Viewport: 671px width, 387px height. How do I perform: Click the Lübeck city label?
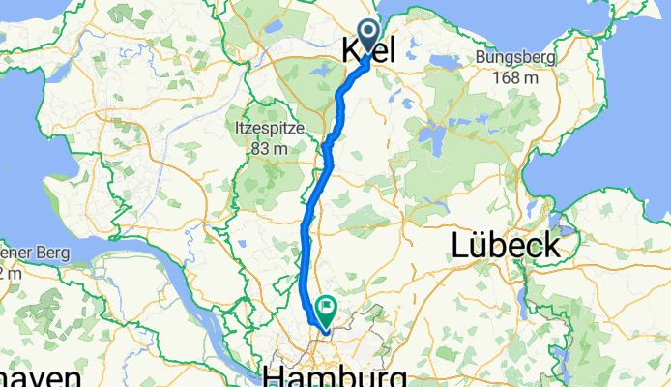(505, 246)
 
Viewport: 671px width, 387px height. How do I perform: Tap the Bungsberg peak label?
(515, 58)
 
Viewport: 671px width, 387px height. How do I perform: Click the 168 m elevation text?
(515, 77)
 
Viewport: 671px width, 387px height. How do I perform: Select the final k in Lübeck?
(550, 246)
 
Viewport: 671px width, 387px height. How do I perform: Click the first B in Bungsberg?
(481, 58)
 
